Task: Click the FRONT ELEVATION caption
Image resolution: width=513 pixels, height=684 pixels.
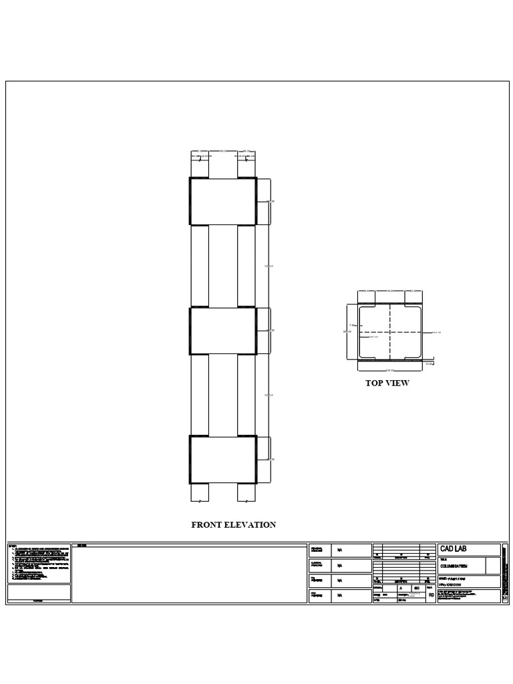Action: click(x=233, y=525)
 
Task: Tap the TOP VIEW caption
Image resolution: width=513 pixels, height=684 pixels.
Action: click(x=387, y=383)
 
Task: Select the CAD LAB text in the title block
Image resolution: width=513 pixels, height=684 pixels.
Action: click(x=454, y=549)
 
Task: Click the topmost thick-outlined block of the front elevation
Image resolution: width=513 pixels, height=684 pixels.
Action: click(x=223, y=201)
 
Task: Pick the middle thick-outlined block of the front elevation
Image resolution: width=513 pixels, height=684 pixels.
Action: click(x=223, y=331)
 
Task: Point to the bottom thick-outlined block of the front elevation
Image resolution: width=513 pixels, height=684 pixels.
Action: click(x=223, y=459)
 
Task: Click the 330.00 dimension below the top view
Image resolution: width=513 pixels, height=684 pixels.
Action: click(x=391, y=368)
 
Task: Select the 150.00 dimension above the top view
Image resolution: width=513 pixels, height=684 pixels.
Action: click(x=391, y=291)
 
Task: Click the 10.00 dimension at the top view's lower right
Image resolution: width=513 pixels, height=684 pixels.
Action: click(x=430, y=365)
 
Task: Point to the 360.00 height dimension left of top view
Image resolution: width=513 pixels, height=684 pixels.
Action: click(x=346, y=331)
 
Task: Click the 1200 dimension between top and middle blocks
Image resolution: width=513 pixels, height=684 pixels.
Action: click(x=269, y=267)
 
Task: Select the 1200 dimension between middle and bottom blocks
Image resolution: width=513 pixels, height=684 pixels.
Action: click(x=269, y=396)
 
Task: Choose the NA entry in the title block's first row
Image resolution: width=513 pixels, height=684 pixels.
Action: click(x=340, y=550)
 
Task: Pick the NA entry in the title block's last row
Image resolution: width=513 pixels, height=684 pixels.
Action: click(x=340, y=596)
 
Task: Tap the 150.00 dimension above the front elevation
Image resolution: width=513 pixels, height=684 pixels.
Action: click(x=223, y=152)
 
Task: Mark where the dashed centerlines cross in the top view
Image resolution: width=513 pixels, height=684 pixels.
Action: click(x=391, y=331)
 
